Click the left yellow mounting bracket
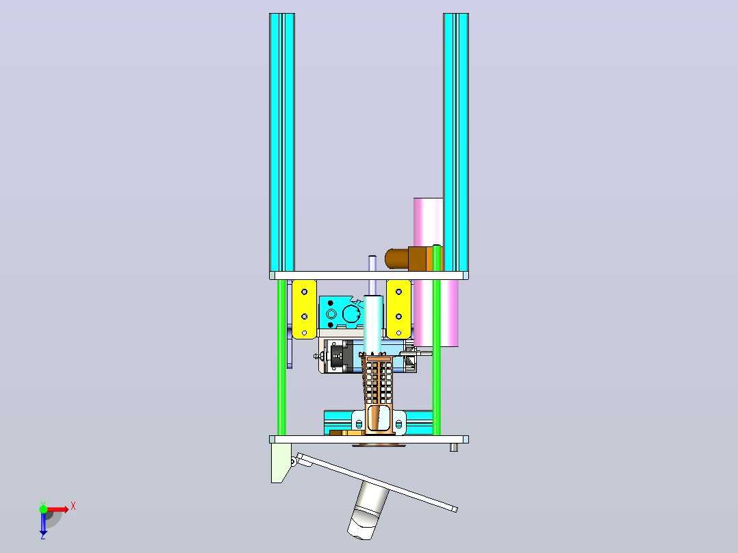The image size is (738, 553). click(304, 309)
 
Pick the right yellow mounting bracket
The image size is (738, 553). click(398, 309)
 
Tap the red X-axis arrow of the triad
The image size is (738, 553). click(58, 509)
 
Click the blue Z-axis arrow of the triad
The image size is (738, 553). click(43, 524)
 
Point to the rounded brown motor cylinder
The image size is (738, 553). click(396, 259)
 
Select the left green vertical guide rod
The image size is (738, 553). click(281, 357)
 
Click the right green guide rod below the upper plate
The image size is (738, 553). click(437, 357)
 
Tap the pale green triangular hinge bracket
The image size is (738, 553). click(280, 462)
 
